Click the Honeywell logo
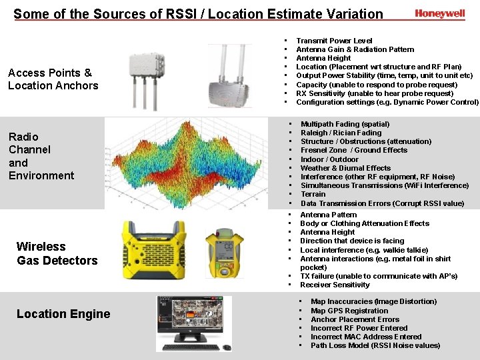[x=439, y=13]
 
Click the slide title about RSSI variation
[x=198, y=14]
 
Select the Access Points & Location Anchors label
[x=53, y=79]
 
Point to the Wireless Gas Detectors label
[x=57, y=253]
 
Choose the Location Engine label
[x=63, y=314]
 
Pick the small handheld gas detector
[x=223, y=249]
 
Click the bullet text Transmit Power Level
[x=334, y=41]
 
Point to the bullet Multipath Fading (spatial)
[x=345, y=124]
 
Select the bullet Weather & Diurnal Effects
[x=345, y=168]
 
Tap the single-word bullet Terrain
[x=313, y=194]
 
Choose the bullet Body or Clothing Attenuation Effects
[x=364, y=223]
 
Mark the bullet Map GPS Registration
[x=349, y=311]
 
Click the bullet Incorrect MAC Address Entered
[x=366, y=337]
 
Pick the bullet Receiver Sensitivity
[x=335, y=285]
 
